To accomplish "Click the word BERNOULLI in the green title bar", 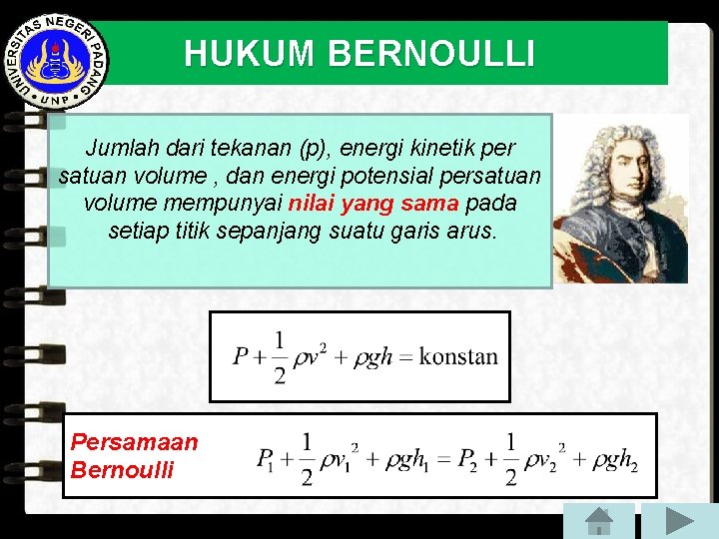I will [x=431, y=54].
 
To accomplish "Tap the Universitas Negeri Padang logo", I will [x=58, y=60].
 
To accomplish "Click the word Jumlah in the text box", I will [x=119, y=149].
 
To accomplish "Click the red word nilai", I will [x=312, y=204].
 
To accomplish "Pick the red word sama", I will [x=430, y=204].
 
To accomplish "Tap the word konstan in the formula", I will [x=458, y=356].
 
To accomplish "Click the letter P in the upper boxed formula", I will [x=241, y=356].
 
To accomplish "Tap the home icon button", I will [x=598, y=520].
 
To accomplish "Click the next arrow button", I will [x=679, y=520].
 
